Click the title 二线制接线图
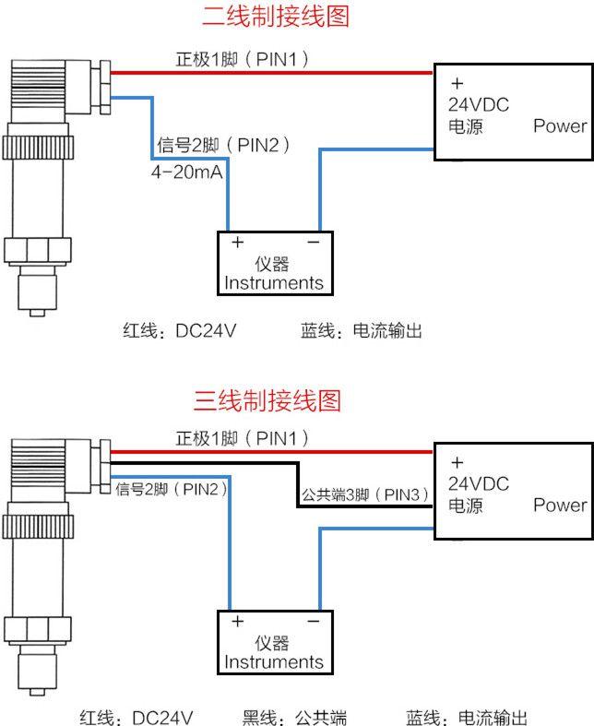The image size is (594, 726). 276,17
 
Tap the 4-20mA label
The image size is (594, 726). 187,173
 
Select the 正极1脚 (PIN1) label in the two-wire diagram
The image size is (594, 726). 242,59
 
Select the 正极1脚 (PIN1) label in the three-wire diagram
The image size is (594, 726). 242,437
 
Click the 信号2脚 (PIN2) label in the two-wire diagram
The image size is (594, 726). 224,145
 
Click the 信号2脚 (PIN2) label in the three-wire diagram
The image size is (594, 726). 172,488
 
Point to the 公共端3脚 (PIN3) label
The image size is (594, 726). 365,495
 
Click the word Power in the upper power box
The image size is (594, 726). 559,126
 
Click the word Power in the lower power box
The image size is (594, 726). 559,505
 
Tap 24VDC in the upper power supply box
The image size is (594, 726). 478,104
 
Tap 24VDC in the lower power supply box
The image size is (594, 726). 478,483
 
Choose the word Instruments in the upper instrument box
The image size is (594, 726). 274,282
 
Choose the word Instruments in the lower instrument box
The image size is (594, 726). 274,661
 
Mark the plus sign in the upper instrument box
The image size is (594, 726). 237,243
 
